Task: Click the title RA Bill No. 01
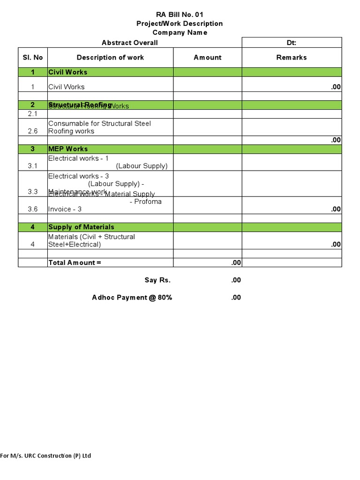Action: pos(180,15)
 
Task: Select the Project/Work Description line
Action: pos(180,23)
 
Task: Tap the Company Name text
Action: pos(180,32)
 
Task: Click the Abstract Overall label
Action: pos(129,43)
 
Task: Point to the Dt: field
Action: pos(292,43)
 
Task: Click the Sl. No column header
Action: pos(33,57)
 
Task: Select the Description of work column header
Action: pos(110,57)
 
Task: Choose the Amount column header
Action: pos(207,57)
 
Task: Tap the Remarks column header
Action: pos(292,57)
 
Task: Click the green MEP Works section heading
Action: pos(68,149)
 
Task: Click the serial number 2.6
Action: pos(33,131)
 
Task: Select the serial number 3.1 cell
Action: pos(33,166)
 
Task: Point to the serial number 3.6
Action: pos(33,209)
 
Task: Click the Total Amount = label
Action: pos(75,262)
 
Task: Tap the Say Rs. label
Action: pos(157,280)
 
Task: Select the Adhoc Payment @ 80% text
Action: pos(132,297)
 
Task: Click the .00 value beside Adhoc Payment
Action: pos(236,297)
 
